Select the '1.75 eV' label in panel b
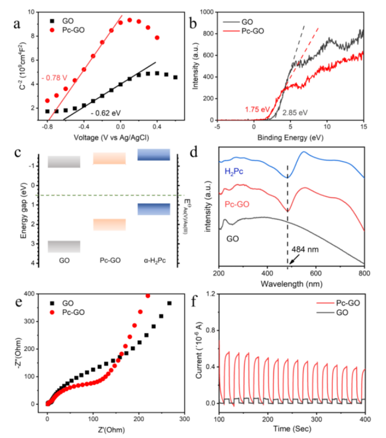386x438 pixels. tap(257, 109)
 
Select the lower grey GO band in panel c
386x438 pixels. tap(64, 246)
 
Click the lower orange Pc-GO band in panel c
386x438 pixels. tap(109, 225)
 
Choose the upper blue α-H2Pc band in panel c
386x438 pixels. tap(154, 154)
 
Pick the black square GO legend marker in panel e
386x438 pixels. tap(53, 303)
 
